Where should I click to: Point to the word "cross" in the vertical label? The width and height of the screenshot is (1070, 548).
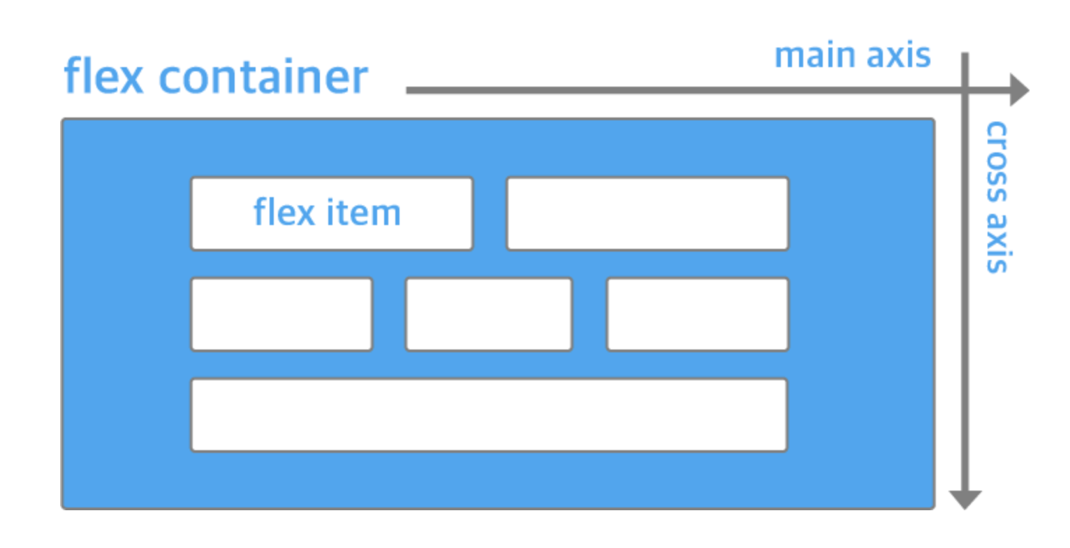point(996,159)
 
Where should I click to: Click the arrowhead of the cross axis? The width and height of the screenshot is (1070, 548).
point(965,500)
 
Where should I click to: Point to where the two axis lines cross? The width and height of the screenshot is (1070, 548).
point(965,91)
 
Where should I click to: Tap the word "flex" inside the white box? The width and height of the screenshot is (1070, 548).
point(283,212)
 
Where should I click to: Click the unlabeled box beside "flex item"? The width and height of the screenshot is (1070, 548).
point(647,213)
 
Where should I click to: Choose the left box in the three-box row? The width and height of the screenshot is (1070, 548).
point(281,314)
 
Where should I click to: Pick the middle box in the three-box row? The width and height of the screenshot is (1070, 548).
point(489,314)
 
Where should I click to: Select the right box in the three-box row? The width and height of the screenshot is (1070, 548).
point(697,314)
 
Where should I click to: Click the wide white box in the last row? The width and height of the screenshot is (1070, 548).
point(489,414)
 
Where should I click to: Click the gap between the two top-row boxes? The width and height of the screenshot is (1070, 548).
point(490,213)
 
